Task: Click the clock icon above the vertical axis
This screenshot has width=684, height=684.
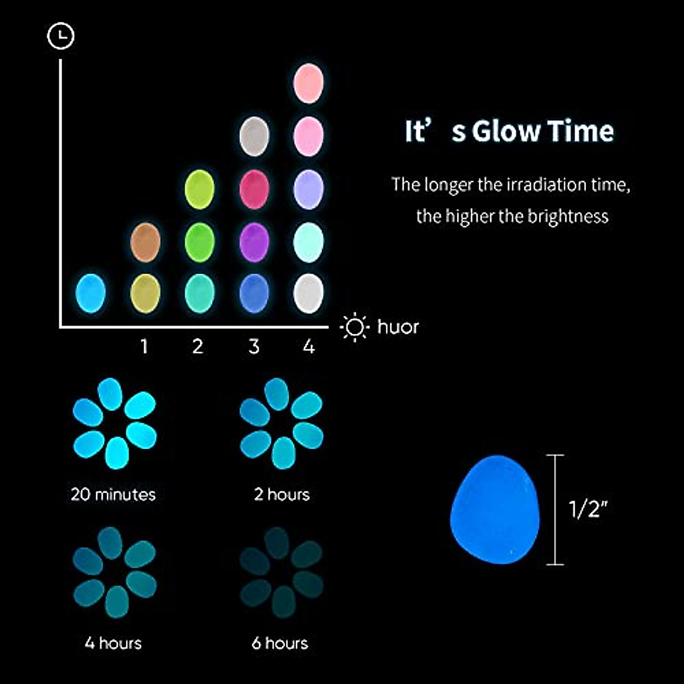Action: pos(60,36)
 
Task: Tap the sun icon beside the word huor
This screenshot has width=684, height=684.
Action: pos(355,327)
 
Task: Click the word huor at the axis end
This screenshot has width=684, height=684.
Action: pos(398,327)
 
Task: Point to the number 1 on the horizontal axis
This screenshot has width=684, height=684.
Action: pos(144,346)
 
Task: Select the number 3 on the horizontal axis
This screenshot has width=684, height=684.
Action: pos(254,346)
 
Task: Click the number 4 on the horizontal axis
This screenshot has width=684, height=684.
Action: pos(309,346)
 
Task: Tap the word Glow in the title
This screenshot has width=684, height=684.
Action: pos(505,131)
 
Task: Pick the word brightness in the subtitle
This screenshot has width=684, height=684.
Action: pos(568,216)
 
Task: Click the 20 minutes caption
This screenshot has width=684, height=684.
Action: pos(113,494)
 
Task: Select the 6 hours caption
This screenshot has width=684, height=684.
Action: pos(280,643)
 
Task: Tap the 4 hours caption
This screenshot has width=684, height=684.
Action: pos(113,643)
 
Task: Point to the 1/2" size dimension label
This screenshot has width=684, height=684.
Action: pos(588,509)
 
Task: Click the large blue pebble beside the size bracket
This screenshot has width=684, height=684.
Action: pos(495,509)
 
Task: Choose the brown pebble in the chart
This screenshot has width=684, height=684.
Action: pos(145,242)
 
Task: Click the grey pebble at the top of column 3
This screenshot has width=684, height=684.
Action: pos(254,136)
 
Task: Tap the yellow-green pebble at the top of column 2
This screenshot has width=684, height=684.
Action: pos(199,189)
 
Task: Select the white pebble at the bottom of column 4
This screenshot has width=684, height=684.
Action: pos(308,294)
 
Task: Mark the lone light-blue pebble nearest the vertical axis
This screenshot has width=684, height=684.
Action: pos(91,294)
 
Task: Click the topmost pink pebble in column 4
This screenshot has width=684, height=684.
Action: pos(308,83)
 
